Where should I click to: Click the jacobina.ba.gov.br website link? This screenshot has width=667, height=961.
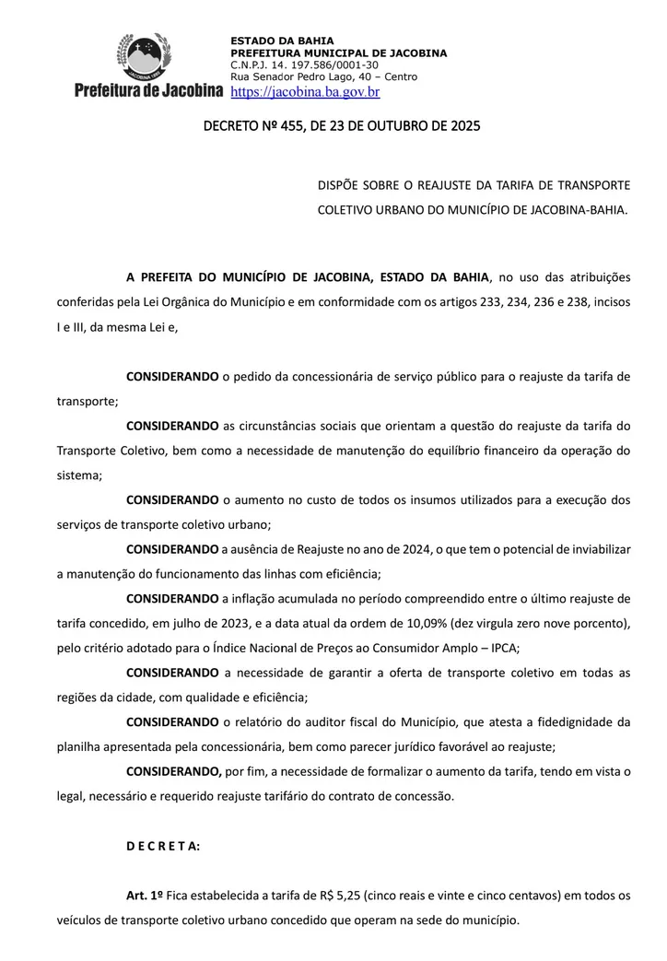[x=304, y=92]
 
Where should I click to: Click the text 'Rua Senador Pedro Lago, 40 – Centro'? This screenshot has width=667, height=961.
[x=323, y=76]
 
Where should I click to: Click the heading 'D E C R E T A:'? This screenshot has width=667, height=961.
[x=162, y=846]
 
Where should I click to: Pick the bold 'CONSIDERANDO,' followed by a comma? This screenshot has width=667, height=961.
[x=173, y=771]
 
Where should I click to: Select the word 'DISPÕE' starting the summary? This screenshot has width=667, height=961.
[x=338, y=185]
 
